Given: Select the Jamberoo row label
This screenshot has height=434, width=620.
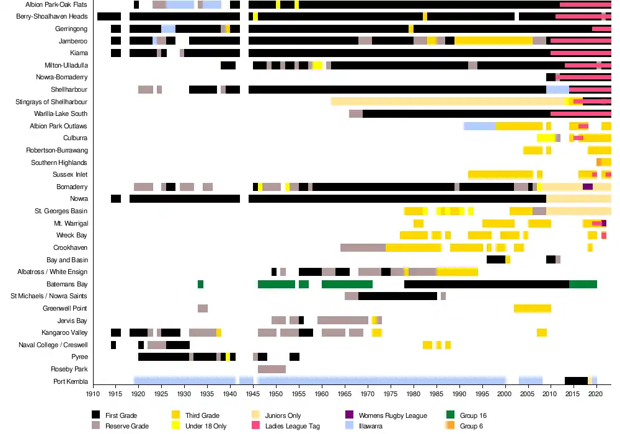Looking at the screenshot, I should tap(73, 41).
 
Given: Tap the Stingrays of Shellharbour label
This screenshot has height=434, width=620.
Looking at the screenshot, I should tap(51, 102).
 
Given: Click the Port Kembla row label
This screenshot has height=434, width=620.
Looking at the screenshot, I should tap(71, 381).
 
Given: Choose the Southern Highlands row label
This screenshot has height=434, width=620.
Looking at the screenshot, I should tap(60, 162).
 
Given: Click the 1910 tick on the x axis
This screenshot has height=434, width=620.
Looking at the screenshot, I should tap(93, 394).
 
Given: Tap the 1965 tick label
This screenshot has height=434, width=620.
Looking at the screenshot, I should tap(345, 394).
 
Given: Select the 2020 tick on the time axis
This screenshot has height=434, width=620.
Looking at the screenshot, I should tap(596, 394).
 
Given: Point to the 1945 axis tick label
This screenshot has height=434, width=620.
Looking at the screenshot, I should tap(253, 394).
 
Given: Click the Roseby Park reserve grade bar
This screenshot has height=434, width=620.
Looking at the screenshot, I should tap(272, 369).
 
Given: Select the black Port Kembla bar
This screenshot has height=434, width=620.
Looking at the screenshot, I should tap(576, 381).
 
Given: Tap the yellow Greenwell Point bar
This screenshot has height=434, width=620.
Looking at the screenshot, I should tap(532, 308).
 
